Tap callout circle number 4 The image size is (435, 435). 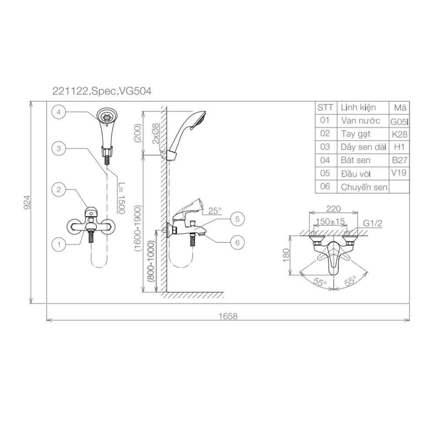click(59, 112)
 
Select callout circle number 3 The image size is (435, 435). click(59, 148)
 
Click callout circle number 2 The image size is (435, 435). click(59, 189)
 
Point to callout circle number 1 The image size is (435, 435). click(59, 244)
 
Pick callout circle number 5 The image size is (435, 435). click(237, 219)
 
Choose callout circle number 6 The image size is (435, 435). click(237, 243)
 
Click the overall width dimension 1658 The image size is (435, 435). click(228, 316)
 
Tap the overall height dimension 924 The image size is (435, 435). click(26, 203)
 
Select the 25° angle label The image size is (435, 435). click(214, 210)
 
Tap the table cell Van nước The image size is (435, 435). click(361, 121)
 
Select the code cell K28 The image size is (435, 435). click(399, 134)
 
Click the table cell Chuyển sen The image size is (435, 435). click(364, 187)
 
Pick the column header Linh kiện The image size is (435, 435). click(358, 107)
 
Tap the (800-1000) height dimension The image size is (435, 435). click(151, 266)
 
